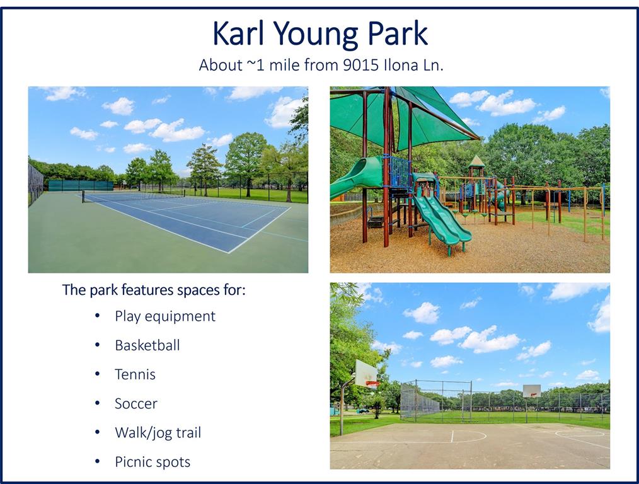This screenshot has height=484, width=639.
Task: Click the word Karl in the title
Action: tap(238, 33)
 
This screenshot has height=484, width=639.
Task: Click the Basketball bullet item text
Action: tap(147, 345)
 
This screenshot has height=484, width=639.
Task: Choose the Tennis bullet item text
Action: tap(135, 374)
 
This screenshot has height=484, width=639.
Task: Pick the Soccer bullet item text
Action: tap(135, 404)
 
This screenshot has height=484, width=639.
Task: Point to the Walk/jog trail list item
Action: tap(158, 433)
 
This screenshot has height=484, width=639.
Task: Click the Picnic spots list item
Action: tap(153, 463)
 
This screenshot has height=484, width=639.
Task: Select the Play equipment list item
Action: tap(165, 316)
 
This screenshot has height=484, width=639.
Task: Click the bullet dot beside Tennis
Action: tap(98, 374)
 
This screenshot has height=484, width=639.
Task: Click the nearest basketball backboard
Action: tap(366, 374)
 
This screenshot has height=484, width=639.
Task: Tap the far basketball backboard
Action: tap(532, 391)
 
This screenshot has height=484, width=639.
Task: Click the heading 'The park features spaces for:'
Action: tap(154, 291)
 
